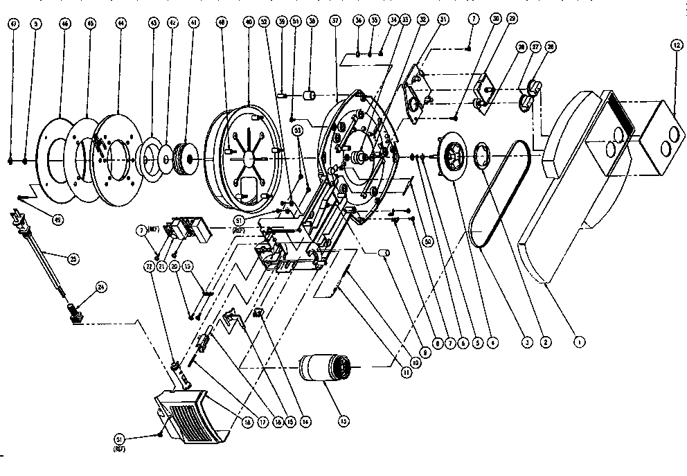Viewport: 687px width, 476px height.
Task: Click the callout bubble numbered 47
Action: pos(12,24)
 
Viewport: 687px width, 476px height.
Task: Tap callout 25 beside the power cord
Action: pos(74,258)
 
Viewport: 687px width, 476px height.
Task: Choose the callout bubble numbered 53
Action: pos(298,130)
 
